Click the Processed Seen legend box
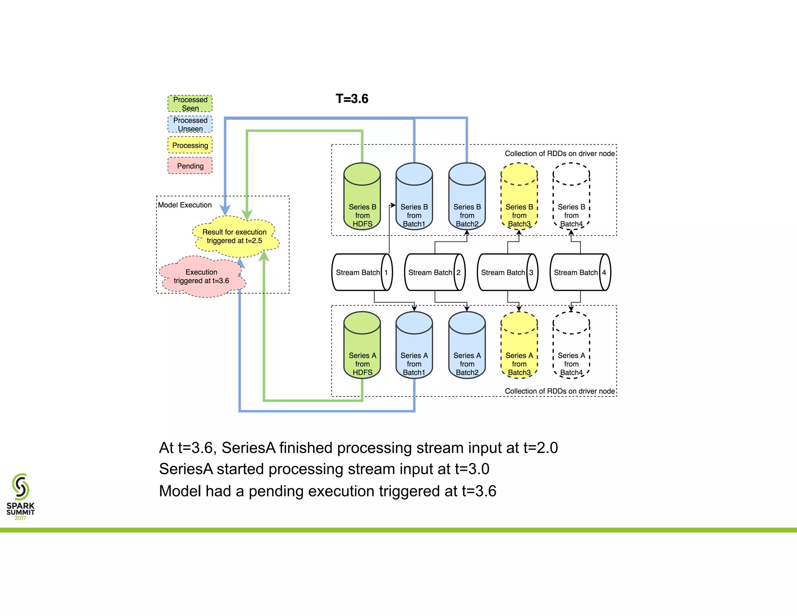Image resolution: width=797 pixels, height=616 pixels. click(x=190, y=104)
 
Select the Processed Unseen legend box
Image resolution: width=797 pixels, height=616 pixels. click(x=190, y=124)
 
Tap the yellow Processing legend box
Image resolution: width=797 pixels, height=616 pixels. click(x=190, y=145)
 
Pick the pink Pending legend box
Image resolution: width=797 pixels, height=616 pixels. click(x=190, y=166)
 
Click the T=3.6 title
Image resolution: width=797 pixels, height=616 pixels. click(x=352, y=99)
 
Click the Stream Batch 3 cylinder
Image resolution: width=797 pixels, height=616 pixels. click(x=507, y=272)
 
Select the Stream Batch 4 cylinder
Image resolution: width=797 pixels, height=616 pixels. click(x=580, y=272)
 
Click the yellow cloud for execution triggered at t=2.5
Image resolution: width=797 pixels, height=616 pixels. click(x=235, y=236)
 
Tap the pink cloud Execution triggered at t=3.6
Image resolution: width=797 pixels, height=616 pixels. click(x=201, y=276)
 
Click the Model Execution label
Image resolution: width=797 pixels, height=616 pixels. click(x=185, y=205)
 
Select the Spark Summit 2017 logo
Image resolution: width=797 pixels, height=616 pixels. click(x=20, y=496)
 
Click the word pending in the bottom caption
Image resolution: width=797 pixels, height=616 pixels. click(x=274, y=491)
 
